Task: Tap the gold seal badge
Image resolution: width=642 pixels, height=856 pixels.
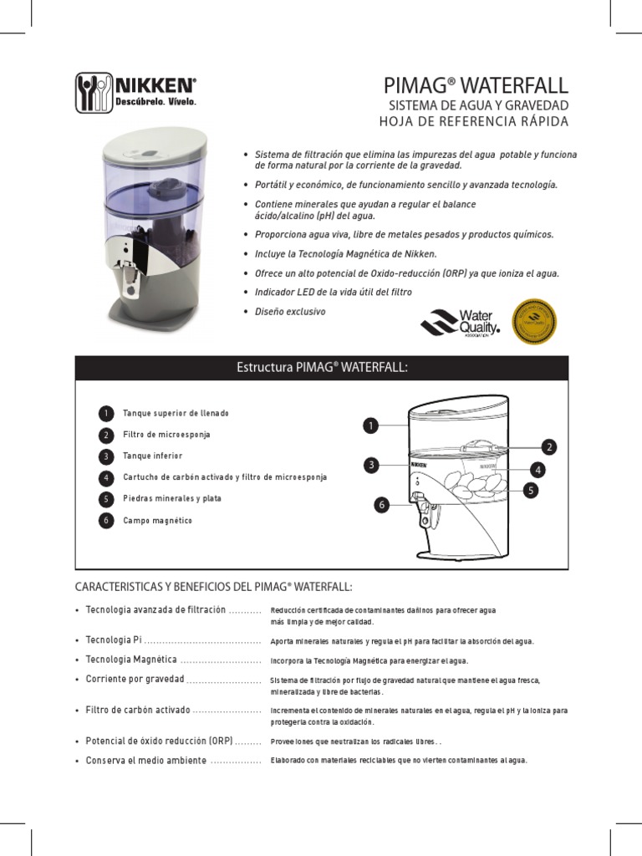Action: [x=533, y=322]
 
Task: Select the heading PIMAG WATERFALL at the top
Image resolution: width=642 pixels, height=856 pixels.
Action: [x=476, y=85]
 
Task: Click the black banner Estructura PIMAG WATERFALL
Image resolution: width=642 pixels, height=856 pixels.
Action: [x=322, y=368]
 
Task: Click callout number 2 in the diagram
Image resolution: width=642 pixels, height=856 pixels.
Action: [x=549, y=446]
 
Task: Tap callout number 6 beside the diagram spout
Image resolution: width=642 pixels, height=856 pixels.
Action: [x=382, y=504]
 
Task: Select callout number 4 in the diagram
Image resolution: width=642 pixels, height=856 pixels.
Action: [x=538, y=470]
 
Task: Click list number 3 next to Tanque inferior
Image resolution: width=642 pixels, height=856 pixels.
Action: [x=105, y=456]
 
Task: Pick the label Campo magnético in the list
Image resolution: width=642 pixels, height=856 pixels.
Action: [x=157, y=520]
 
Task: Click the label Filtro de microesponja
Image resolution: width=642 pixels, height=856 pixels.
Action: [x=166, y=435]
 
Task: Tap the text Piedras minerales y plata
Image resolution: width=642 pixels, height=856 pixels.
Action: [x=172, y=498]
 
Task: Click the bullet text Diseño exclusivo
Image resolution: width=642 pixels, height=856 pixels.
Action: [x=290, y=312]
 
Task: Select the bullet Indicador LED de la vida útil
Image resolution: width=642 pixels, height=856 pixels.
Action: [x=334, y=292]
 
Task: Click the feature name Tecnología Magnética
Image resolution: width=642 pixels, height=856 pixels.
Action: [x=131, y=660]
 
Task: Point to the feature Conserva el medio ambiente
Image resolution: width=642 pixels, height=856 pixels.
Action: [x=146, y=760]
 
